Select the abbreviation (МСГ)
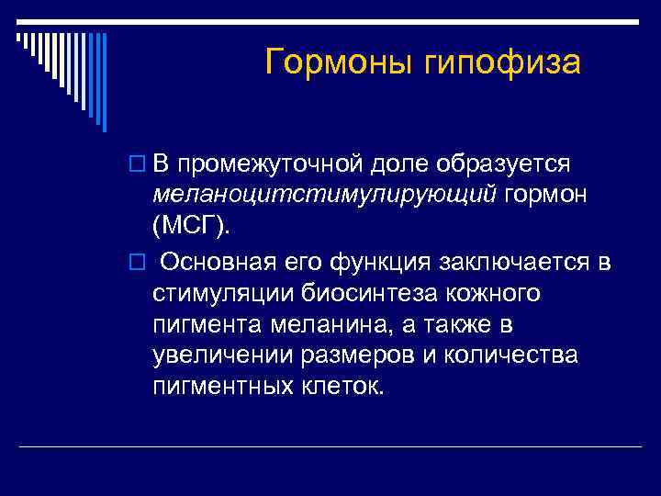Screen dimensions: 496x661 [194, 227]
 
